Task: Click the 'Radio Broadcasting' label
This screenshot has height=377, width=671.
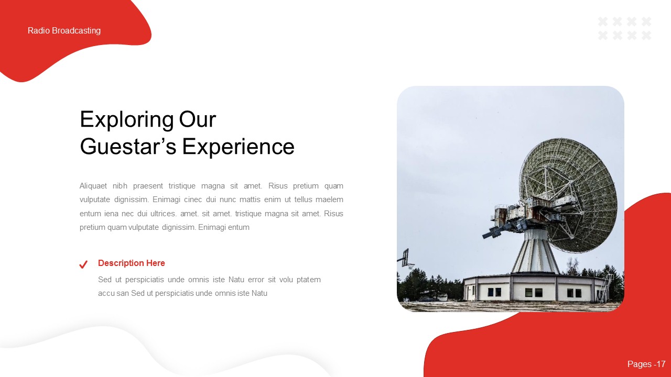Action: click(x=64, y=31)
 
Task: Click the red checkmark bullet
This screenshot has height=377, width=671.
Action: click(x=83, y=264)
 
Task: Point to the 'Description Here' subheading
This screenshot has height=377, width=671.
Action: click(x=132, y=263)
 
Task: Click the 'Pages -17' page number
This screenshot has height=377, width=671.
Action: click(x=646, y=364)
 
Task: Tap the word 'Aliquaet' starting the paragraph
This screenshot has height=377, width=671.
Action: click(x=93, y=186)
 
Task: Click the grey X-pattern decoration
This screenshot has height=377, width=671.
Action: click(x=624, y=28)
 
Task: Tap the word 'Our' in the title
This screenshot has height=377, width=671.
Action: click(x=198, y=120)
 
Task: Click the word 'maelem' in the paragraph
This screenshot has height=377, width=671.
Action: click(x=330, y=199)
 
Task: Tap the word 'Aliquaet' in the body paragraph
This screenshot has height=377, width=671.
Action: click(x=93, y=186)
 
